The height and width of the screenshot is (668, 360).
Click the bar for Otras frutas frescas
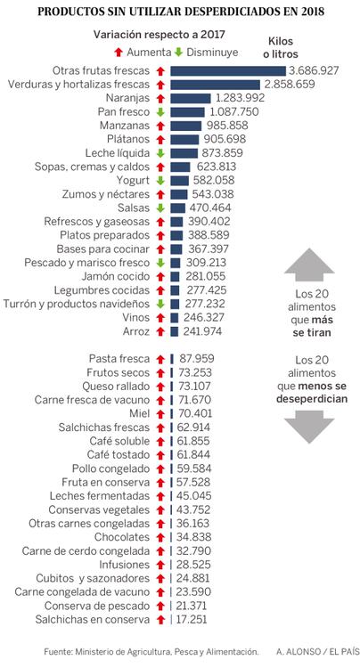pyautogui.click(x=227, y=70)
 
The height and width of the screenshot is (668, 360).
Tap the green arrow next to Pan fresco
pyautogui.click(x=160, y=111)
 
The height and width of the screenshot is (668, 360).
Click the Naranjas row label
pyautogui.click(x=127, y=98)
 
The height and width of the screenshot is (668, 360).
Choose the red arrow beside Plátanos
pyautogui.click(x=160, y=139)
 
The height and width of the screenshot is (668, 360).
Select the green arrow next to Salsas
pyautogui.click(x=160, y=208)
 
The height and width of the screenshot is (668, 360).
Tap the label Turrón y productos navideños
pyautogui.click(x=79, y=304)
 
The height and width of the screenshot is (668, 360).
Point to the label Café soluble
pyautogui.click(x=120, y=441)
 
